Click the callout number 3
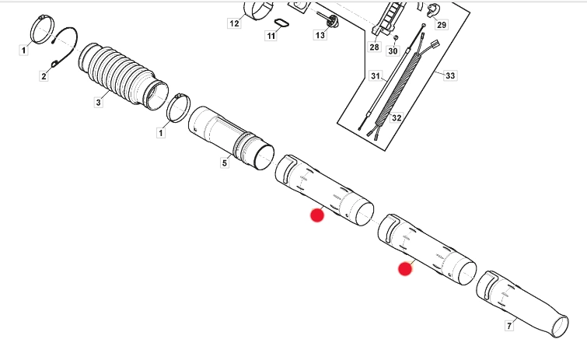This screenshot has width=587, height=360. pos(98,102)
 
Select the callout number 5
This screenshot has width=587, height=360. pos(224,163)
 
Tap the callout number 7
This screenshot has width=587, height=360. pos(509,326)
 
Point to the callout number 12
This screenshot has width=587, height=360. pos(234,23)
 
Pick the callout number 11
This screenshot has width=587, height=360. pos(271,36)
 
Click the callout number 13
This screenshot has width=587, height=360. pos(320,35)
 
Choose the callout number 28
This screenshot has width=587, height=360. pos(374,47)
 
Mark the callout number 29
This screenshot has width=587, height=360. pos(442,25)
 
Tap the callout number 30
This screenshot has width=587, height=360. pos(393,51)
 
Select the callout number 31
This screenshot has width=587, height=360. pos(376,76)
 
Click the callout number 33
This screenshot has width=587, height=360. pos(450,75)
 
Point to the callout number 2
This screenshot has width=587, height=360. pos(44,76)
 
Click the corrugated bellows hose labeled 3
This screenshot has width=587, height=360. pos(124,77)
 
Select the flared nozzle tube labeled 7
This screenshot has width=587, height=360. pos(522,304)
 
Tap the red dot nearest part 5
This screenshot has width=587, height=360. pos(317,215)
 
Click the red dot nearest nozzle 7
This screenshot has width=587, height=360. pos(405,269)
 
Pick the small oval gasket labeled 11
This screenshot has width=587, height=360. pos(282,23)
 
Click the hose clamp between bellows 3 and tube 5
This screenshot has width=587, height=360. pos(179,108)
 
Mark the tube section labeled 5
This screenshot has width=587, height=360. pos(231,138)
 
